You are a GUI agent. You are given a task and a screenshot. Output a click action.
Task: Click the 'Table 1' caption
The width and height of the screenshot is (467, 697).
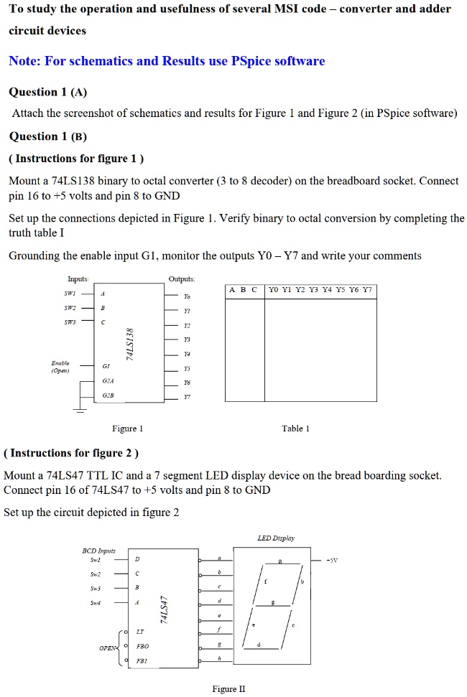[296, 429]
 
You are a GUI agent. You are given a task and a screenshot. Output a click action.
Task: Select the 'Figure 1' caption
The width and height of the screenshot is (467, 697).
[128, 429]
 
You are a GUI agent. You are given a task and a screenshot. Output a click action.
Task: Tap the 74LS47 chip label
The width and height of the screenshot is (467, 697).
[165, 609]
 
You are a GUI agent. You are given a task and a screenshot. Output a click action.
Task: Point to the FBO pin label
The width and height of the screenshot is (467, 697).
[142, 647]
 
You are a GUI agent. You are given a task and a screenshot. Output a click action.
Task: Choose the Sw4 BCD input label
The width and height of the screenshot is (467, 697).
[95, 604]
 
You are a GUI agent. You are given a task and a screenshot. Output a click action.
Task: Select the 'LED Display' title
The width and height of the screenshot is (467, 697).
[276, 538]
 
